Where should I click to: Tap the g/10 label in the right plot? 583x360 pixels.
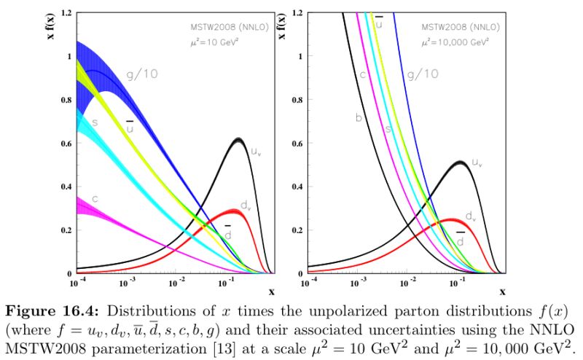(x=423, y=74)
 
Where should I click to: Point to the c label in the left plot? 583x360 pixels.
(x=95, y=198)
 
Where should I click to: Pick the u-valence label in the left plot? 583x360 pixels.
(x=256, y=152)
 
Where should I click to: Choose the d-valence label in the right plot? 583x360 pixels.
(x=470, y=216)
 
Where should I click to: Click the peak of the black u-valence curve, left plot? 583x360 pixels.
(x=240, y=138)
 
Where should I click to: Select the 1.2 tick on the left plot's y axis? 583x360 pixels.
(x=66, y=13)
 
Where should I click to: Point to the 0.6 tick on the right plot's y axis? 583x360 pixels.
(x=298, y=144)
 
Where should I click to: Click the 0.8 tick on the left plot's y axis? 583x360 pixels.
(x=66, y=100)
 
